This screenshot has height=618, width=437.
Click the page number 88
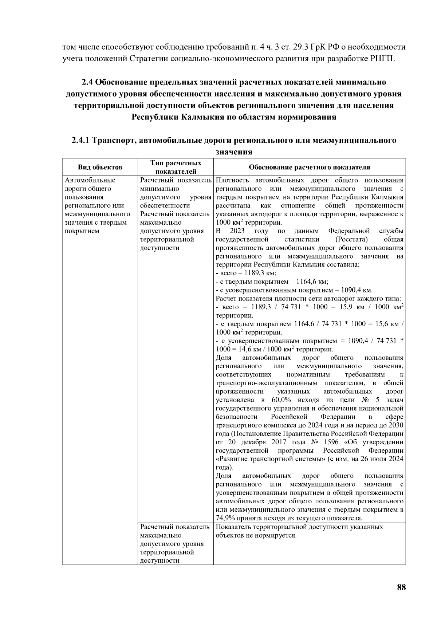pos(401,587)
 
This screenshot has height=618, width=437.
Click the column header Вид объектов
pos(100,168)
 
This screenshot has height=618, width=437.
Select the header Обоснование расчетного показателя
pos(309,168)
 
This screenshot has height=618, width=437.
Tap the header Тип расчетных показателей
pos(176,167)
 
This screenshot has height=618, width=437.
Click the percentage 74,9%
pos(225,518)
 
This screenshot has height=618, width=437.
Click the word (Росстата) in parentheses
pos(351,239)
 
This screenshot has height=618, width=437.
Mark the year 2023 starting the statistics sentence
pos(237,231)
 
